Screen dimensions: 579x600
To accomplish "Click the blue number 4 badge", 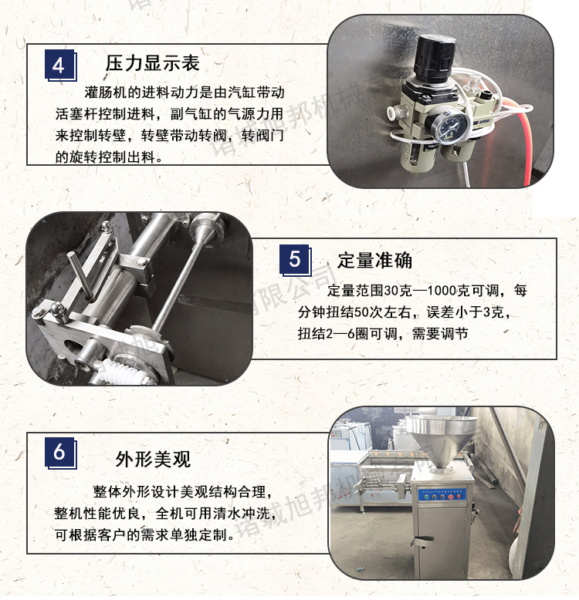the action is [60, 65].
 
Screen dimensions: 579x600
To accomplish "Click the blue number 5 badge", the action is [295, 260].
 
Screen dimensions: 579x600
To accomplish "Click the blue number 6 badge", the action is [60, 453].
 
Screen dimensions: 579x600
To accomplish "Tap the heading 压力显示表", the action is [152, 63].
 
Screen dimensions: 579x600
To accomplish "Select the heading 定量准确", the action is [374, 261].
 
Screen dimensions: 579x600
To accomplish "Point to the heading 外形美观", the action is [153, 459].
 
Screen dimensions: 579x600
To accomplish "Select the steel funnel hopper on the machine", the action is [442, 440].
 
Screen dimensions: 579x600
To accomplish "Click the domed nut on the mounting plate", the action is [58, 308].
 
